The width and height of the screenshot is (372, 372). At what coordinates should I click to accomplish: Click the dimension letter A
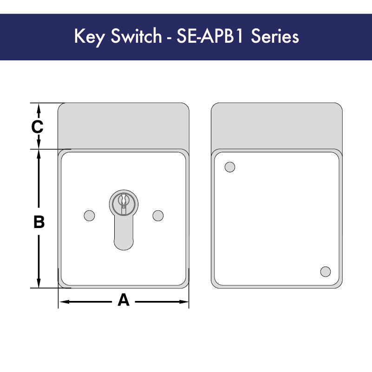[x=123, y=300]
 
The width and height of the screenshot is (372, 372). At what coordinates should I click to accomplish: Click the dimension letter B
[x=39, y=222]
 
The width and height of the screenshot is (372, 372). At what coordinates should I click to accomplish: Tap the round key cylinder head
[x=124, y=202]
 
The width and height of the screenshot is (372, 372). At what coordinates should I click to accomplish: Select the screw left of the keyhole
[x=89, y=215]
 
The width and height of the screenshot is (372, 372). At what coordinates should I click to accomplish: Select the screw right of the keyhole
[x=158, y=215]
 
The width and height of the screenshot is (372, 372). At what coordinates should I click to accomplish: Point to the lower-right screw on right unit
[x=326, y=271]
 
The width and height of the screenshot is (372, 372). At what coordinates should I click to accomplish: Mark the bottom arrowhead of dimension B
[x=39, y=283]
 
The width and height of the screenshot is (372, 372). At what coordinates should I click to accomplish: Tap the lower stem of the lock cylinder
[x=124, y=235]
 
